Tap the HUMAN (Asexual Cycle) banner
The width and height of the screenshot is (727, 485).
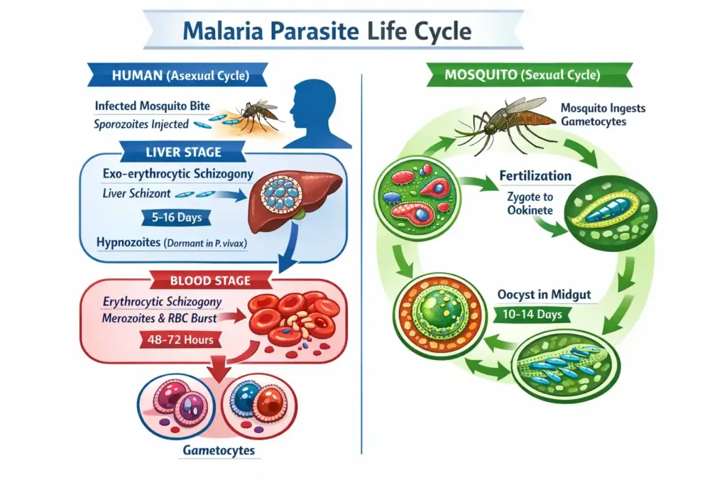[x=177, y=75]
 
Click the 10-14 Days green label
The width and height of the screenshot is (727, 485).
[x=534, y=314]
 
